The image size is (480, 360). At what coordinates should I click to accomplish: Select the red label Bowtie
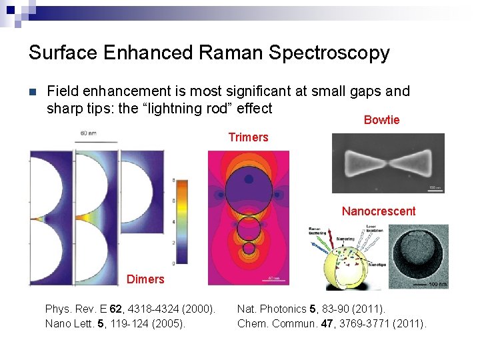click(x=381, y=120)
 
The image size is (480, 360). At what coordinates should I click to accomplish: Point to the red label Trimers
click(x=248, y=137)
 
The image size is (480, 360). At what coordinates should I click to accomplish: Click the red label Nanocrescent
click(x=378, y=211)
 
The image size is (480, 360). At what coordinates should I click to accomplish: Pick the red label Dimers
click(x=145, y=279)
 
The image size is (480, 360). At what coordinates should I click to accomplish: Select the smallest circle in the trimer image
click(x=249, y=249)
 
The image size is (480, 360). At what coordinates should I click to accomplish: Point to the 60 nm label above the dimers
click(x=88, y=134)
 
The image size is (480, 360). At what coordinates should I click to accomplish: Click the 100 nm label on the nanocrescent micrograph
click(x=438, y=285)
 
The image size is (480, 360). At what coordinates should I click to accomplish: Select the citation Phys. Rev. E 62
click(x=130, y=309)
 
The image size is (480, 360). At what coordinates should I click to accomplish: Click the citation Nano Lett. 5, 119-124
click(x=113, y=324)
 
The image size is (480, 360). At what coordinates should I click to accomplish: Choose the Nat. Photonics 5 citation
click(x=311, y=309)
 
